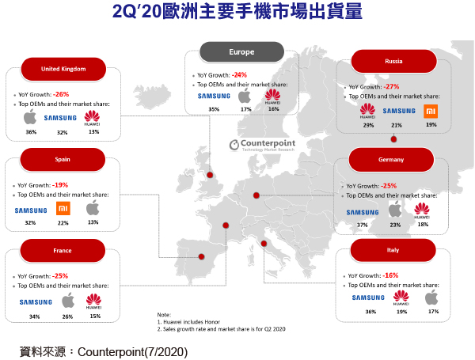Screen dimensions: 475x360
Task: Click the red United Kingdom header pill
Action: click(x=63, y=69)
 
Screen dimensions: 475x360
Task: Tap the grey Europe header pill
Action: click(x=241, y=52)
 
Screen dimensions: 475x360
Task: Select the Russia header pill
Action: click(x=393, y=61)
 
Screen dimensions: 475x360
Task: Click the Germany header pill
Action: click(x=391, y=160)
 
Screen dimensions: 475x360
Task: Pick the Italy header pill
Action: click(x=393, y=250)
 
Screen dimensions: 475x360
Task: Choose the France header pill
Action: click(x=63, y=250)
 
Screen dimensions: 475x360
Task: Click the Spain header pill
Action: click(x=63, y=160)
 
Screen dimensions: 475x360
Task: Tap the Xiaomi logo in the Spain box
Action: click(x=63, y=208)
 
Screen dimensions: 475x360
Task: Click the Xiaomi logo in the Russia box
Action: click(x=431, y=111)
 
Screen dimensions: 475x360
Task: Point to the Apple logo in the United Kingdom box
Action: click(x=30, y=117)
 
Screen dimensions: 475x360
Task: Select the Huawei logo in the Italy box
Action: click(x=401, y=297)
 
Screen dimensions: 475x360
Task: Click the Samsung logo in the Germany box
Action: click(x=363, y=213)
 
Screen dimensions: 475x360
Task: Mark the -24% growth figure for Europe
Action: click(x=239, y=75)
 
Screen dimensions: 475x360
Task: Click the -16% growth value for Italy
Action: click(x=390, y=275)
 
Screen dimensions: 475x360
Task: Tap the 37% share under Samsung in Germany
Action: click(x=363, y=225)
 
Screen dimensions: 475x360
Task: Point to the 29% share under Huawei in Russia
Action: click(x=368, y=125)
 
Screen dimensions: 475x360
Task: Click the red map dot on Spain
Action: click(x=201, y=257)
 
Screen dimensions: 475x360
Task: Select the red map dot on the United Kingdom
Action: click(x=210, y=175)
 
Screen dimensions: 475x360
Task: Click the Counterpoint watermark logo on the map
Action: click(x=262, y=145)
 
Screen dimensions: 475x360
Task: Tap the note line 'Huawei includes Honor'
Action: click(x=188, y=322)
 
